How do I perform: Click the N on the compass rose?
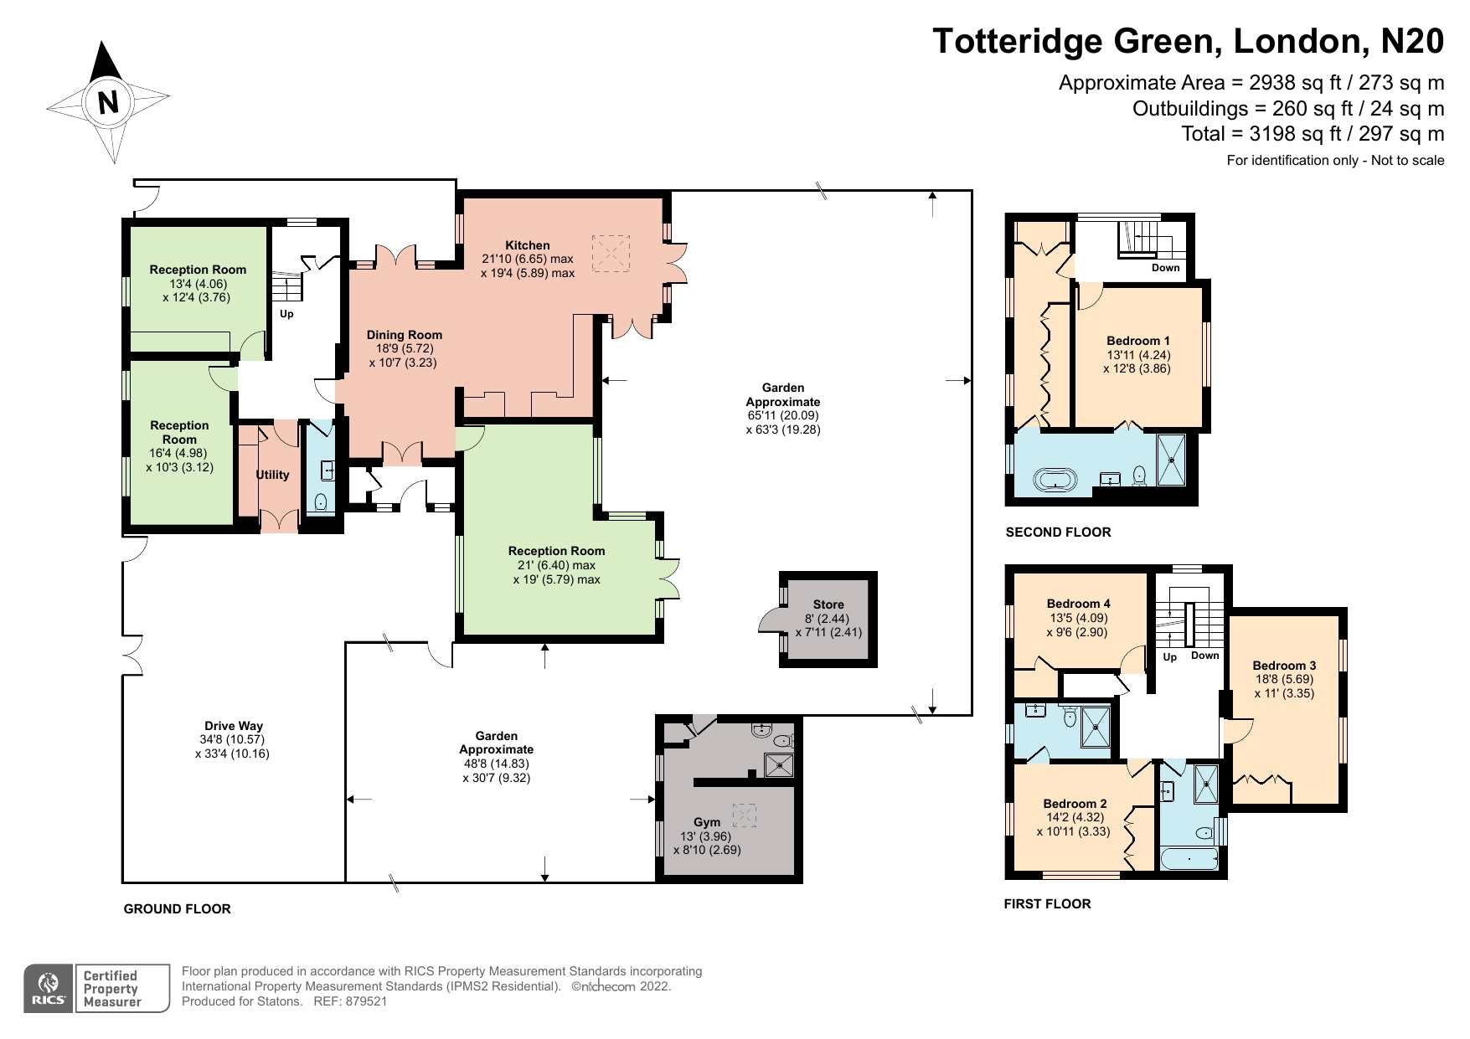coord(108,102)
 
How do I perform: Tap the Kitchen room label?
coord(528,245)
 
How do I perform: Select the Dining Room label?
coord(405,335)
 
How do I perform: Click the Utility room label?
coord(272,475)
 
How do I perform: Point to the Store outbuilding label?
coord(828,604)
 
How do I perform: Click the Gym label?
coord(707,822)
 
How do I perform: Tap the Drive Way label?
coord(234,726)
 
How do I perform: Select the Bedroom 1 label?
coord(1138,341)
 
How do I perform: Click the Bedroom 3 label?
coord(1284,666)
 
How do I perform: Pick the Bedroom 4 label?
coord(1078,604)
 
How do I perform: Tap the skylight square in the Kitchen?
coord(611,253)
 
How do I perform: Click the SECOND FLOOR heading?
coord(1058,532)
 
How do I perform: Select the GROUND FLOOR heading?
coord(177,909)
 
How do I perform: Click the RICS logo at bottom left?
coord(48,989)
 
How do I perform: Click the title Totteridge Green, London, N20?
coord(1188,41)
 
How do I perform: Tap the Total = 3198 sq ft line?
coord(1312,134)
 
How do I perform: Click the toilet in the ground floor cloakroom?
coord(320,502)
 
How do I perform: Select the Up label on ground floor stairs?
coord(286,314)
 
